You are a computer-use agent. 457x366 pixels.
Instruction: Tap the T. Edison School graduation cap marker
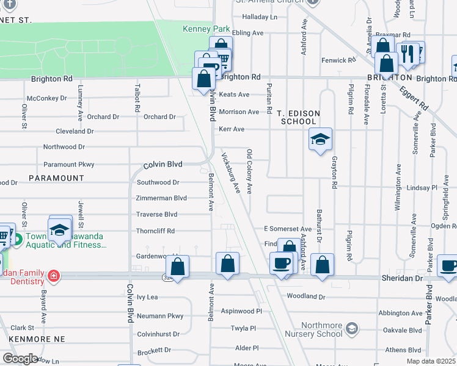[x=320, y=140]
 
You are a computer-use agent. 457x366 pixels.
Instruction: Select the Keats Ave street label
[x=234, y=95]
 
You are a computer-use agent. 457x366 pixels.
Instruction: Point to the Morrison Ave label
[x=239, y=112]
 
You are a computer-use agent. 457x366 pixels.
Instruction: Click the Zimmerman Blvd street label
[x=161, y=198]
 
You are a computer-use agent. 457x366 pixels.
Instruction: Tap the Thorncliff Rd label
[x=155, y=231]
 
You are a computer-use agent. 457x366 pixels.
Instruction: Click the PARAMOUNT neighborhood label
[x=56, y=178]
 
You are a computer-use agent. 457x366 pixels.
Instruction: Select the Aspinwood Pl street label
[x=241, y=310]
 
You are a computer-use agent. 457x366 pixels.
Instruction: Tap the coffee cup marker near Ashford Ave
[x=281, y=264]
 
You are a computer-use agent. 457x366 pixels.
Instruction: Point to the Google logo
[x=20, y=359]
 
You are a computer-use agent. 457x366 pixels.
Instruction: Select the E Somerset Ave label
[x=288, y=229]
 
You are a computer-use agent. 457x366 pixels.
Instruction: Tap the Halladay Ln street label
[x=259, y=17]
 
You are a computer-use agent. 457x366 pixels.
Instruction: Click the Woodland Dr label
[x=305, y=296]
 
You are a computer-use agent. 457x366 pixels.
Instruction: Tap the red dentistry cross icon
[x=54, y=276]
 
